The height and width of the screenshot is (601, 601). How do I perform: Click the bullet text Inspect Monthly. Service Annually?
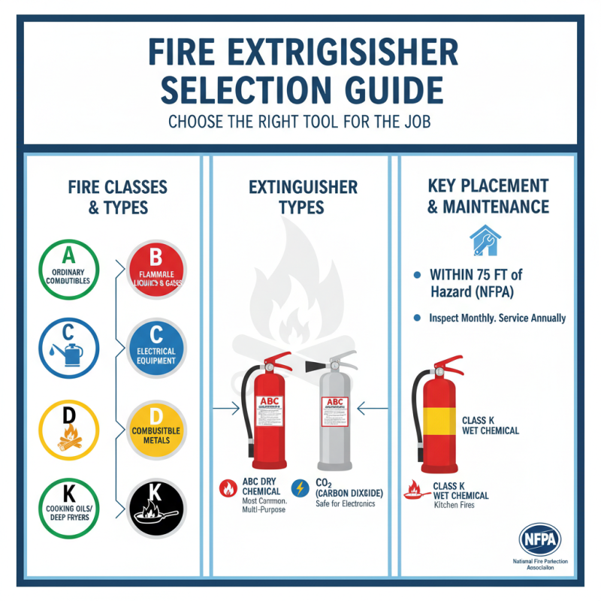[497, 318]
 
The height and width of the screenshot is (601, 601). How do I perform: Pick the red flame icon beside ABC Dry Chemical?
[228, 487]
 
